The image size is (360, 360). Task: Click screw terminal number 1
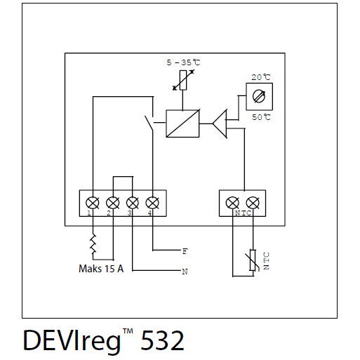(93, 203)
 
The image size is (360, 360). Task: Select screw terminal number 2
(113, 203)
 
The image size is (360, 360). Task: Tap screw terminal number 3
(133, 203)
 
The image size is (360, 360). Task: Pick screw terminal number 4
(152, 203)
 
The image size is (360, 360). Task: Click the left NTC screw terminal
(232, 203)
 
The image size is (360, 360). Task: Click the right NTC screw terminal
(253, 203)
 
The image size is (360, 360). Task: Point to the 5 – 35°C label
(183, 62)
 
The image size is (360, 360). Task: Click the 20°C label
(261, 77)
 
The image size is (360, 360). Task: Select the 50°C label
(261, 117)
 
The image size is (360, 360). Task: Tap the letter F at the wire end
(185, 251)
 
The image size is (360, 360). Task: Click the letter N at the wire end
(185, 272)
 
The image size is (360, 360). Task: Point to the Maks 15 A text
(101, 269)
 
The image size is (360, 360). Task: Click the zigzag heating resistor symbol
(93, 244)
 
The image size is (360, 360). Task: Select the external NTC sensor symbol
(253, 260)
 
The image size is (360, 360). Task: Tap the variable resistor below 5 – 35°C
(183, 80)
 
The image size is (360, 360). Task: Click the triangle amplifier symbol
(220, 124)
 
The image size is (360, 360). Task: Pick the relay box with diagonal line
(182, 124)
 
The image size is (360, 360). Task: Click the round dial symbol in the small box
(259, 96)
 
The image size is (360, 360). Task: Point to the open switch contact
(149, 124)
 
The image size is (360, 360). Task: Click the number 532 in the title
(162, 340)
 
